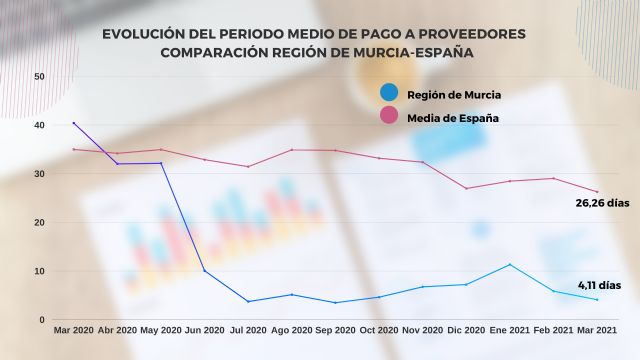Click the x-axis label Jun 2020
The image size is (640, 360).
point(205,330)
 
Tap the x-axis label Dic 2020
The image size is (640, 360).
point(466,330)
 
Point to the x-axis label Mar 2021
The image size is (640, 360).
point(597,330)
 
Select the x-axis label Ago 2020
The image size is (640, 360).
point(291,330)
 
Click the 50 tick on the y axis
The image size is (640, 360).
point(38,76)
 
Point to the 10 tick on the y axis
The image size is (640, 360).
point(38,271)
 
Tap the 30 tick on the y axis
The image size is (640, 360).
point(38,174)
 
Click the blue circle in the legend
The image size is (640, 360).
point(389,94)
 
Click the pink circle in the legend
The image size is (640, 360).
point(389,118)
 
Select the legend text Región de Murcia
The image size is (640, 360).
point(454,95)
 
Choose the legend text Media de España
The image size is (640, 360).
point(453,118)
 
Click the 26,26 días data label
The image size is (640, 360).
point(600,204)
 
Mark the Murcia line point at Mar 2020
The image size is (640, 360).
point(73,123)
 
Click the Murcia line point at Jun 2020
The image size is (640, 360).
point(205,271)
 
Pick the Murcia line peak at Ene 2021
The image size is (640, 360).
point(510,265)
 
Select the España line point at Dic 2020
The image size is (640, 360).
point(466,188)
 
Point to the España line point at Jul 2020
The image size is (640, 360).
point(248,166)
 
